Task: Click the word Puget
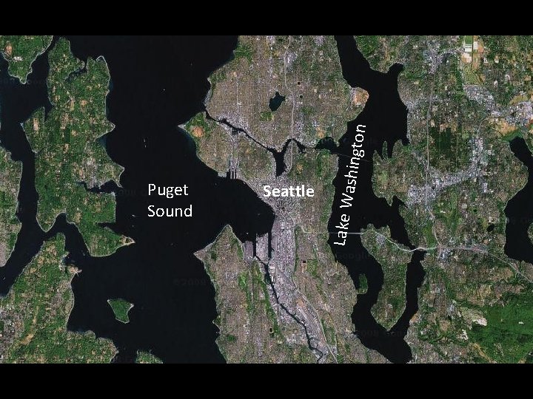click(x=168, y=191)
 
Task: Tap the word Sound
click(x=170, y=211)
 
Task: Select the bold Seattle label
click(x=289, y=191)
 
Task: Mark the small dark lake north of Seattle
click(x=277, y=101)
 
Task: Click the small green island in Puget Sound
click(x=119, y=308)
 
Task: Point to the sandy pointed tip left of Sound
click(x=130, y=240)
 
